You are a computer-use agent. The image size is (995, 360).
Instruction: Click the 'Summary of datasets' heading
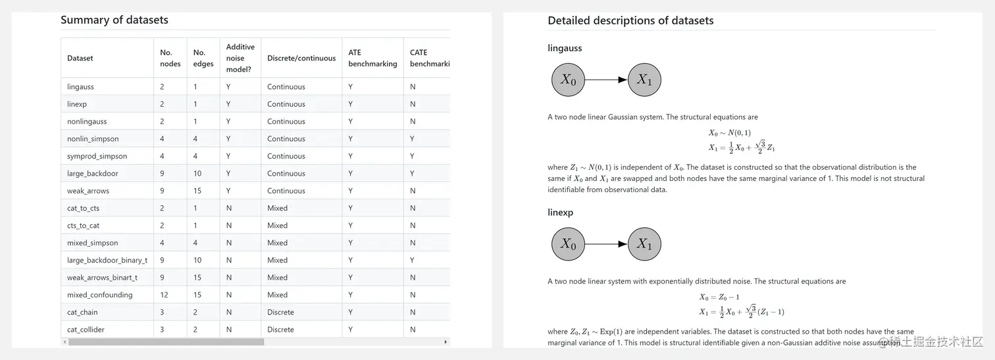tap(115, 20)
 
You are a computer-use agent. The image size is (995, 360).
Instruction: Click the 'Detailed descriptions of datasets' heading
tap(630, 20)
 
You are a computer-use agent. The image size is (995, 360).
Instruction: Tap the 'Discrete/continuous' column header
tap(301, 58)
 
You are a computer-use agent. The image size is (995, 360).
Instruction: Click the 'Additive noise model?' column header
tap(240, 58)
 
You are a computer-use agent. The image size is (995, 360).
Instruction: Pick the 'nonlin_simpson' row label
tap(93, 139)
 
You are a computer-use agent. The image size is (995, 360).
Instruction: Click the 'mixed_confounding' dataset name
tap(99, 295)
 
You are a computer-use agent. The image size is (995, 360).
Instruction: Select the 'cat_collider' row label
tap(86, 329)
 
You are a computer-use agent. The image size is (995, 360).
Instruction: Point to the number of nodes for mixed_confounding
tap(164, 295)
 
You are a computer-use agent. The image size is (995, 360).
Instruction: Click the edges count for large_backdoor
tap(197, 174)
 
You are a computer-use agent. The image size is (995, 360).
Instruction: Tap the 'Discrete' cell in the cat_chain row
tap(280, 312)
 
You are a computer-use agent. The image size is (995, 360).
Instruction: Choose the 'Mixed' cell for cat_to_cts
tap(277, 208)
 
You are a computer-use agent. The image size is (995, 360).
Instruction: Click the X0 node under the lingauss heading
tap(568, 80)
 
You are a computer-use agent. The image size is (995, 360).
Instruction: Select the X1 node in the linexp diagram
tap(644, 245)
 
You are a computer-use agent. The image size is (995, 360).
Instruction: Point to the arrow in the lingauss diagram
tap(606, 80)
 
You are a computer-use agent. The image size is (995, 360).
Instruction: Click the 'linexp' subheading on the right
tap(560, 213)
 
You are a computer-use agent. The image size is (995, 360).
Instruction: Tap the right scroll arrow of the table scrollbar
tap(446, 342)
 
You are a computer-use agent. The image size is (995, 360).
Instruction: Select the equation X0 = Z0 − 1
tap(720, 297)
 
